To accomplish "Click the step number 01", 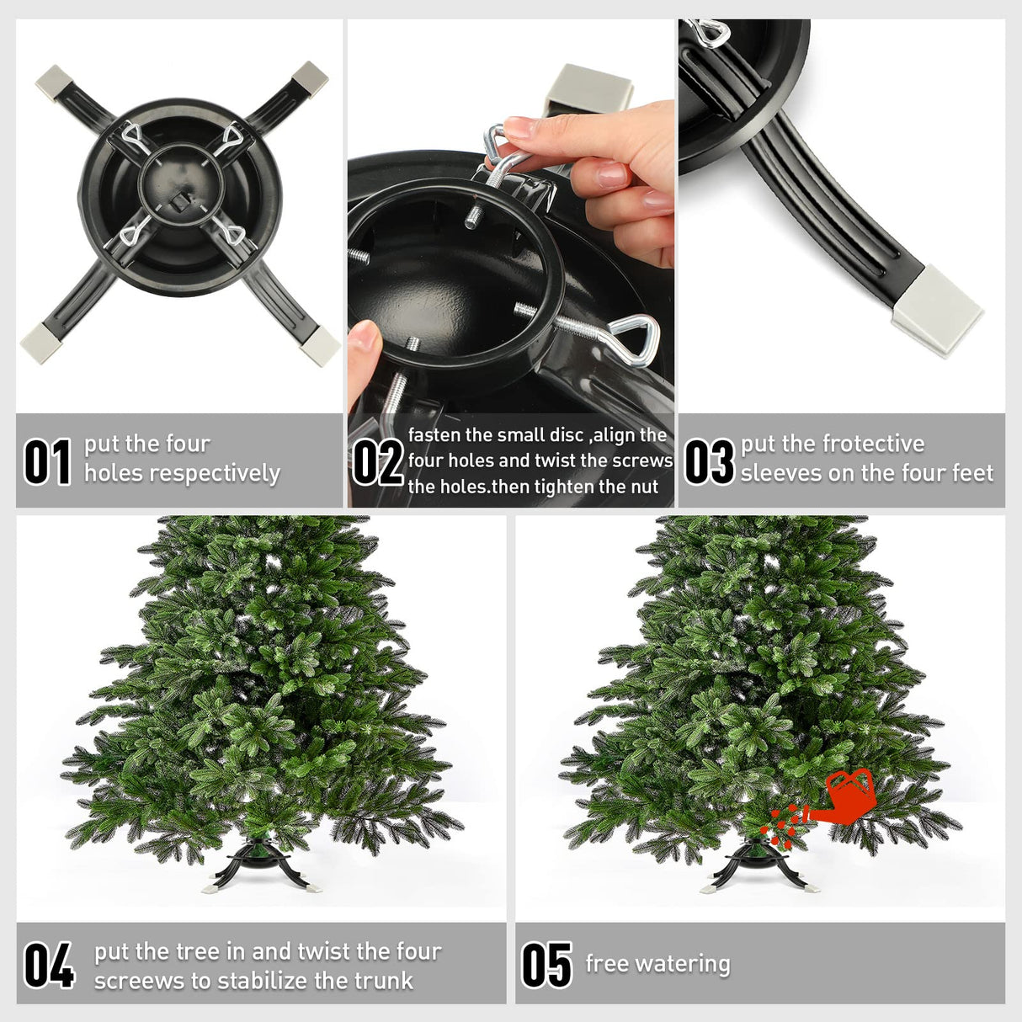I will (x=47, y=462).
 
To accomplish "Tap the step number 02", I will (x=377, y=462).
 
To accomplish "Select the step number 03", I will (x=709, y=462).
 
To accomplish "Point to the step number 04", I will (x=49, y=965).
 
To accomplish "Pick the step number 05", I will (x=547, y=965).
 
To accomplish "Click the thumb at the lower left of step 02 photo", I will (x=364, y=348).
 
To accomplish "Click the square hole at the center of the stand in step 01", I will (x=179, y=200).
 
